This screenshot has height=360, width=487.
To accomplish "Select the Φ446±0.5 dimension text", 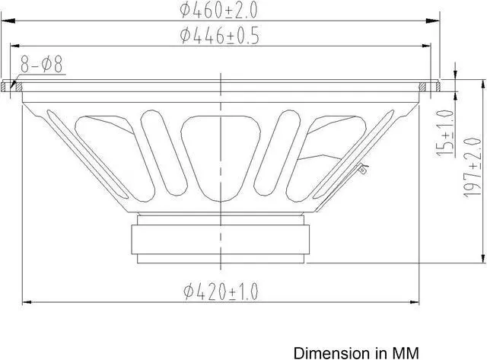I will (x=218, y=36).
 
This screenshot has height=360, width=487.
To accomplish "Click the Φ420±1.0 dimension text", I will (x=221, y=291).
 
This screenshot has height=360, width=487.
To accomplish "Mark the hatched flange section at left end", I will (x=11, y=86).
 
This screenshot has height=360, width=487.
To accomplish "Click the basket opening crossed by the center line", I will (x=221, y=152).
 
